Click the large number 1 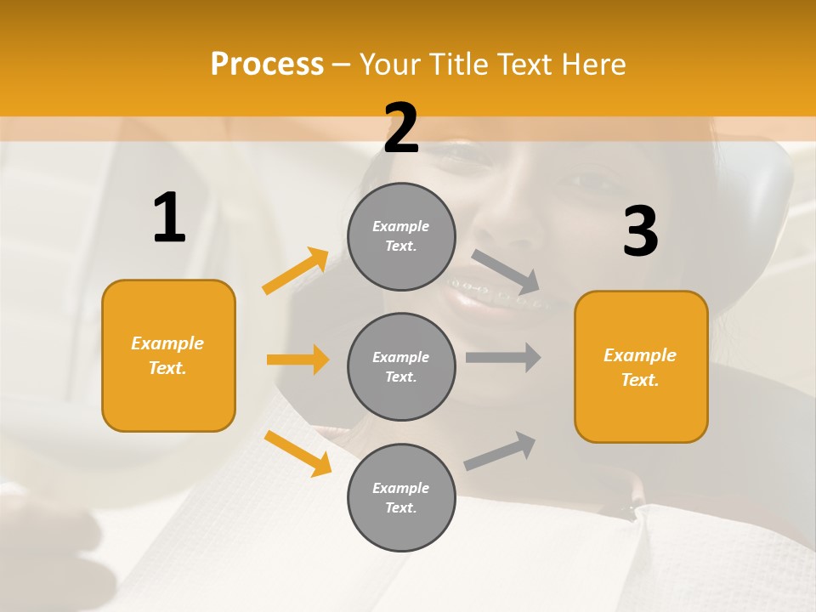click(169, 218)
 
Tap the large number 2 click(401, 128)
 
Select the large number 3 click(640, 232)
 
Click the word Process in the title click(267, 64)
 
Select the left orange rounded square click(168, 355)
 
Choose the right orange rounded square click(641, 366)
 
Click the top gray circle click(401, 236)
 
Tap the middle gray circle click(401, 366)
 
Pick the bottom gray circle click(401, 497)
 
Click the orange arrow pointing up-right click(296, 271)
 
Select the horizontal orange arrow click(297, 360)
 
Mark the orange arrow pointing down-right click(297, 452)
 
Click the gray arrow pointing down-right click(506, 271)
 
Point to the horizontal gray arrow click(503, 357)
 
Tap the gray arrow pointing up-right click(501, 450)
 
